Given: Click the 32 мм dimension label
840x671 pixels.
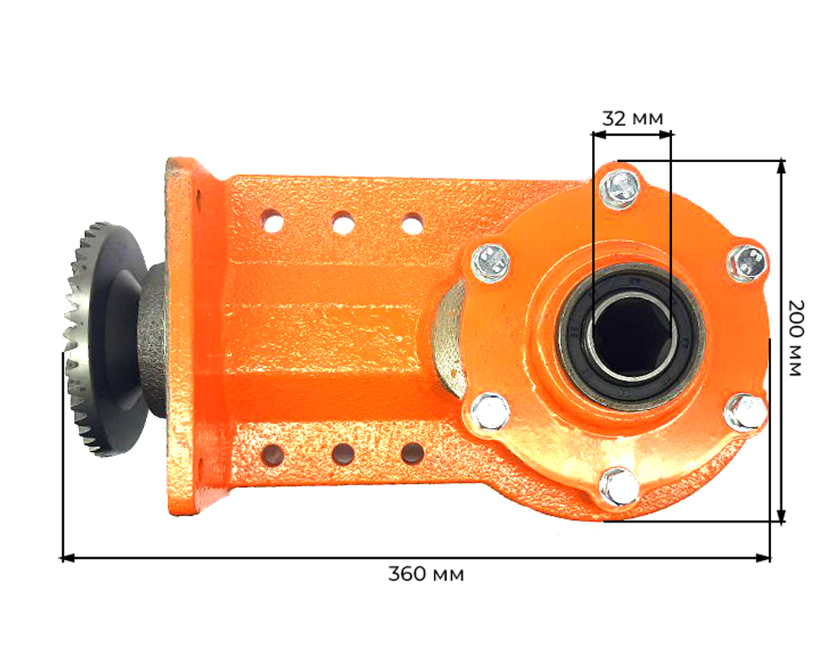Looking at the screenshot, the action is click(633, 118).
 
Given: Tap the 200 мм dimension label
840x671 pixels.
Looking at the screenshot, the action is click(796, 338).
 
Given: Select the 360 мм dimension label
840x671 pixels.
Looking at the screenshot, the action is click(426, 574).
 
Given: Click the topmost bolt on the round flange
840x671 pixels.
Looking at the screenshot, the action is click(620, 188).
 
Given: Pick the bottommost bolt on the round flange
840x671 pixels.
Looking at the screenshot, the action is click(620, 485).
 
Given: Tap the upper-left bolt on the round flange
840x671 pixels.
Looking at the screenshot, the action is click(491, 262).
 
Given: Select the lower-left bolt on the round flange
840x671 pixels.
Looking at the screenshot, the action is click(491, 412).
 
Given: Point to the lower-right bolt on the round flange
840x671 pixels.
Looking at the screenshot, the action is click(744, 412).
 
